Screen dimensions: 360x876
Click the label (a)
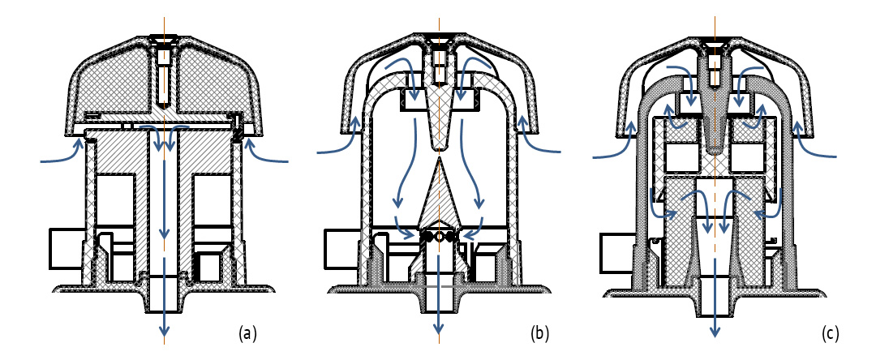point(247,333)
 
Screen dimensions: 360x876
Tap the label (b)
point(539,333)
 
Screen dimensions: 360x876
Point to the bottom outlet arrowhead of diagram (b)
point(439,328)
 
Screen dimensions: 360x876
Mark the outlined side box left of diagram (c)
point(615,252)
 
